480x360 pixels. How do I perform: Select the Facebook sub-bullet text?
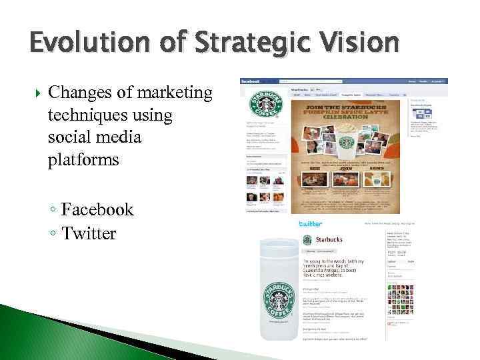pyautogui.click(x=97, y=209)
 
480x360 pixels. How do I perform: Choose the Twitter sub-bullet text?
pyautogui.click(x=89, y=233)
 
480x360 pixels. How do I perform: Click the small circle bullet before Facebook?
pyautogui.click(x=53, y=210)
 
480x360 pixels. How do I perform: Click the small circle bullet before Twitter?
pyautogui.click(x=53, y=233)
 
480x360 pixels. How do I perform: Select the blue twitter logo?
pyautogui.click(x=311, y=224)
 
